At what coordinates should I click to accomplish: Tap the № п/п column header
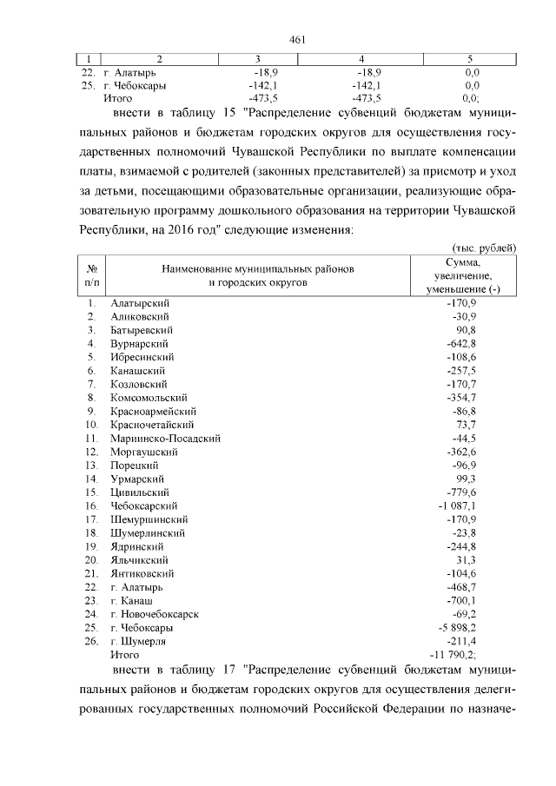pyautogui.click(x=91, y=275)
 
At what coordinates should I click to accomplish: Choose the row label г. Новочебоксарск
pyautogui.click(x=155, y=613)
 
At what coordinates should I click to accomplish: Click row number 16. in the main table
pyautogui.click(x=90, y=505)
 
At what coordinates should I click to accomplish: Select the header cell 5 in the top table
pyautogui.click(x=470, y=59)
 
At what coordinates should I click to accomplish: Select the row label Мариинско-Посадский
pyautogui.click(x=165, y=438)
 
